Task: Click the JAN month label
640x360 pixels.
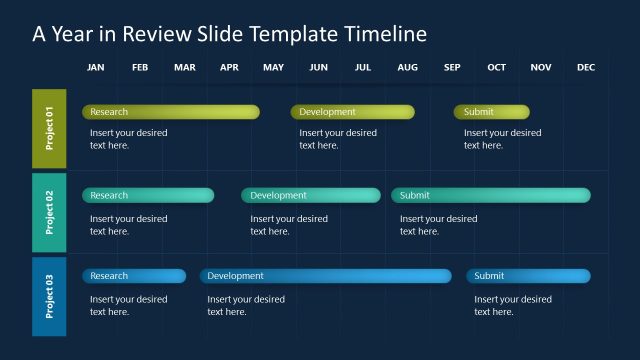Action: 96,68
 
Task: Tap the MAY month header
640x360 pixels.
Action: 273,68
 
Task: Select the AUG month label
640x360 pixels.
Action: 407,68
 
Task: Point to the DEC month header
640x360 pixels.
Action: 586,68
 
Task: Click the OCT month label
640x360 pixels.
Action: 496,68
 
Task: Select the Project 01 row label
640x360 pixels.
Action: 49,128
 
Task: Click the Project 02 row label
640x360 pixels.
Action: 49,211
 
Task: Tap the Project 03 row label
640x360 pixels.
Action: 49,296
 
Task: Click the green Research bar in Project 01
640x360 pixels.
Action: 170,112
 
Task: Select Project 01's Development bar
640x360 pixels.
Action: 352,112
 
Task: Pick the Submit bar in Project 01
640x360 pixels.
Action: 491,112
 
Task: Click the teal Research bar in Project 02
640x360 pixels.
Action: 148,195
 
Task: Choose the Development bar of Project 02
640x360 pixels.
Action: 310,195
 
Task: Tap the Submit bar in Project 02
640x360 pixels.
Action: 490,195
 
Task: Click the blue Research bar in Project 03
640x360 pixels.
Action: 134,276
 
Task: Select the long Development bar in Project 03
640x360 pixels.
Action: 325,276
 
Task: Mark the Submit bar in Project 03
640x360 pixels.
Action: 528,276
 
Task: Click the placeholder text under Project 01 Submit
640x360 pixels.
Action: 502,139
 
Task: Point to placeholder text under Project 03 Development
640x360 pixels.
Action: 245,305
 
